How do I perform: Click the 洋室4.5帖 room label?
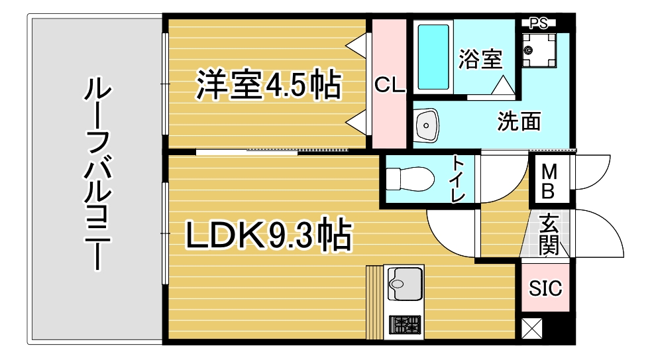pyautogui.click(x=269, y=85)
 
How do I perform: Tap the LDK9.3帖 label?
pyautogui.click(x=268, y=235)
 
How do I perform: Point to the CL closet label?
pyautogui.click(x=390, y=85)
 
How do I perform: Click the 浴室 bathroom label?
pyautogui.click(x=480, y=59)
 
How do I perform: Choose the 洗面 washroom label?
pyautogui.click(x=519, y=121)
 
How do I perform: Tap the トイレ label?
pyautogui.click(x=459, y=178)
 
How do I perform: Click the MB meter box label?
pyautogui.click(x=549, y=181)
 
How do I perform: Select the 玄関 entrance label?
pyautogui.click(x=549, y=235)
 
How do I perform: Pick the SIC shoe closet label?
pyautogui.click(x=545, y=288)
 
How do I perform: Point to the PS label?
pyautogui.click(x=539, y=24)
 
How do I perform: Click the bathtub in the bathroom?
pyautogui.click(x=433, y=57)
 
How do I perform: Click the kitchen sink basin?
pyautogui.click(x=405, y=284)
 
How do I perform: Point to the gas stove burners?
pyautogui.click(x=405, y=325)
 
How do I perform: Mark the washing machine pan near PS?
pyautogui.click(x=539, y=50)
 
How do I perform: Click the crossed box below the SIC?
pyautogui.click(x=532, y=328)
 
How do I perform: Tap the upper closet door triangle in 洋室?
pyautogui.click(x=356, y=46)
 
